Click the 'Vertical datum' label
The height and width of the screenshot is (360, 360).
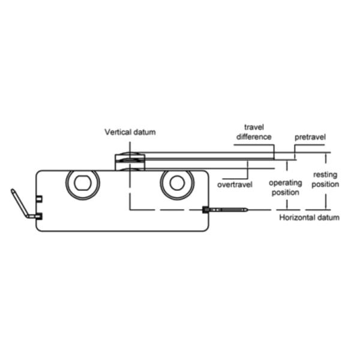130,132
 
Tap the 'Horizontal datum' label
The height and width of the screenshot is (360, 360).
309,217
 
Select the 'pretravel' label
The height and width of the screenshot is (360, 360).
310,137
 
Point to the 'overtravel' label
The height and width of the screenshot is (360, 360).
235,185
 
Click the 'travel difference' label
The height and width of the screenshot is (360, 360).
254,132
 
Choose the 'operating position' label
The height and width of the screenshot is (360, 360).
286,188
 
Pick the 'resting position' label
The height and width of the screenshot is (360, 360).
325,179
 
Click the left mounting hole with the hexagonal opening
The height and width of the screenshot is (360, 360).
83,183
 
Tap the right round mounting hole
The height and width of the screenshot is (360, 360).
177,183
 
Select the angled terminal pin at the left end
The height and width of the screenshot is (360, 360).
23,205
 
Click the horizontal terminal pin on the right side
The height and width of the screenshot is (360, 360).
225,209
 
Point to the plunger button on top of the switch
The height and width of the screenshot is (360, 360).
130,161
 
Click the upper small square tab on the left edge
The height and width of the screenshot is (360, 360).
39,199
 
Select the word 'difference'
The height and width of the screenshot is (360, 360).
254,137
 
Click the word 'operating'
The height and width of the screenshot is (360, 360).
286,183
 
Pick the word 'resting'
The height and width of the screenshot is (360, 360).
325,175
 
